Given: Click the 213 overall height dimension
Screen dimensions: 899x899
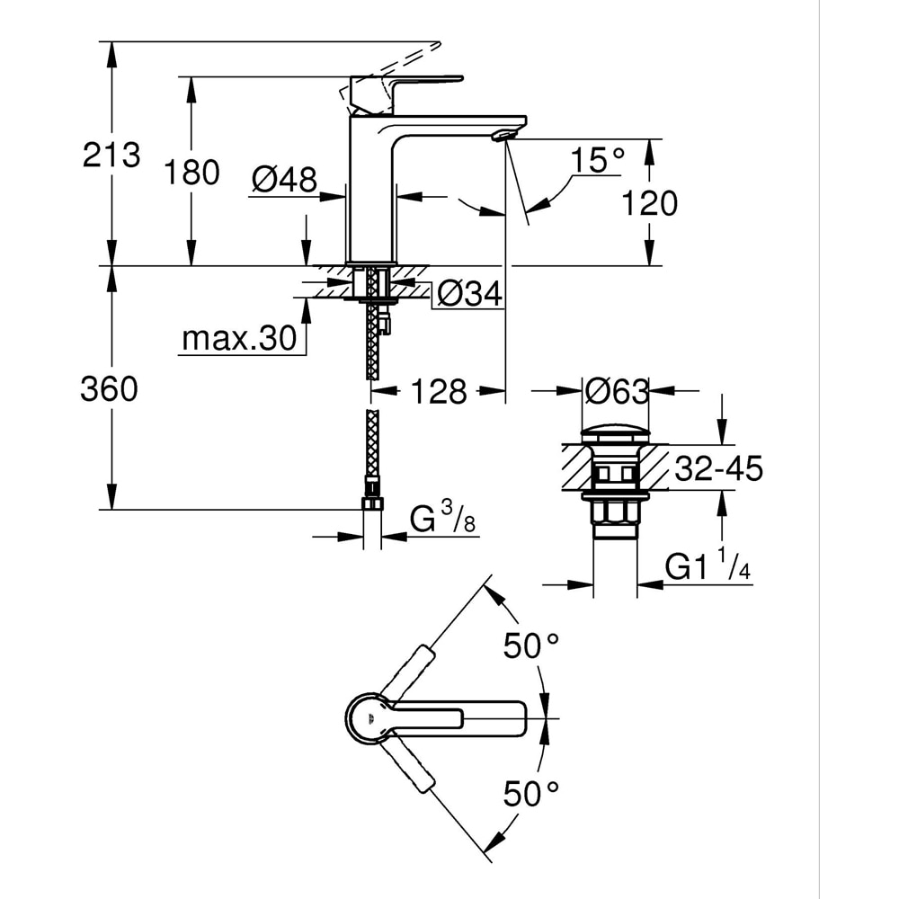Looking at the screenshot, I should coord(111,155).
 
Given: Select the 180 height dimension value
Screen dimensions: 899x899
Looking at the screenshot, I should coord(191,172).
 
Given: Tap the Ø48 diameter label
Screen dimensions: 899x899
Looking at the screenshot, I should coord(284,180).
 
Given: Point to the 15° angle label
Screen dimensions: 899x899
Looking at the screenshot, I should coord(598,161).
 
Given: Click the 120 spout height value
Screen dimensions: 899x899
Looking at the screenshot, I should coord(650,203).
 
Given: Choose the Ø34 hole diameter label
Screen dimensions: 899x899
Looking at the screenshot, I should coord(468,293).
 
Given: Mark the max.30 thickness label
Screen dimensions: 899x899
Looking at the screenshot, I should coord(238,339).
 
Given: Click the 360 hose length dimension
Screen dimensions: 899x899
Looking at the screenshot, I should coord(110,389).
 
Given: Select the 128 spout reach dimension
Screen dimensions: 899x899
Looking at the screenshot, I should coord(439,391).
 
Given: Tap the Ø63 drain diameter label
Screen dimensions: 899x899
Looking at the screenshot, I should coord(616,391).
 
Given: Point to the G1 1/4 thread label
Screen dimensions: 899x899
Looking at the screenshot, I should coord(708,566).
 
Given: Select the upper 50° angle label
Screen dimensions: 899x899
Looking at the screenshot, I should coord(530,646).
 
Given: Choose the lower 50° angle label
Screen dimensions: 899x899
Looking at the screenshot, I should coord(530,793).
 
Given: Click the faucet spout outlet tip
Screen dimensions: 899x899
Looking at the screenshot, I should coord(503,135).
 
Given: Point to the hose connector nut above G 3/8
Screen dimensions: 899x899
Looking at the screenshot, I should coord(371,501).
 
